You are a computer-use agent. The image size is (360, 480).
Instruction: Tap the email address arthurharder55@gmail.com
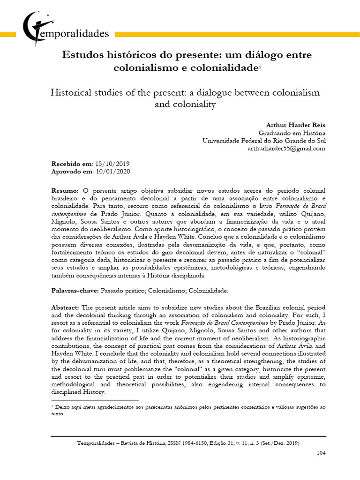[286, 148]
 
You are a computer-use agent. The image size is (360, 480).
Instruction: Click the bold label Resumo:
[65, 191]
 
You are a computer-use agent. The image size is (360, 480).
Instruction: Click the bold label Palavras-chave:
[75, 291]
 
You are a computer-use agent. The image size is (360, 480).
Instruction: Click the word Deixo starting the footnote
[62, 408]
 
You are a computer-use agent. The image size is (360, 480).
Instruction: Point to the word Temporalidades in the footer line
[98, 443]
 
